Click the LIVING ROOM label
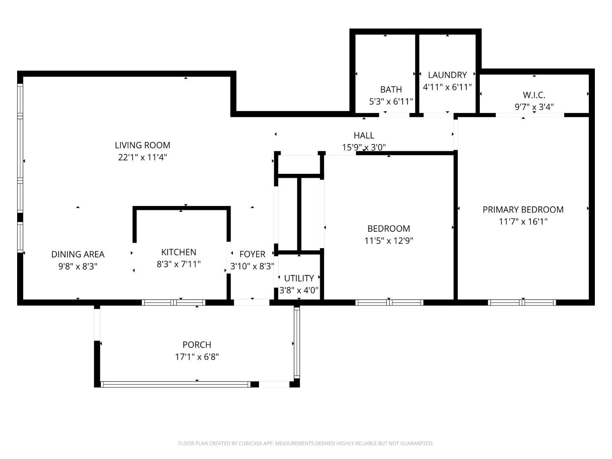point(142,145)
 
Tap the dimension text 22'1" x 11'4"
point(142,157)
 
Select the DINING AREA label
point(78,254)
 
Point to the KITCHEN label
point(179,252)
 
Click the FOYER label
point(252,254)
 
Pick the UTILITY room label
point(299,278)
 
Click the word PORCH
point(197,345)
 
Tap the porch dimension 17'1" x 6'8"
point(197,357)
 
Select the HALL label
point(364,135)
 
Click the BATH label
point(391,89)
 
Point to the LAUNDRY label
point(447,75)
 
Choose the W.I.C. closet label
point(534,95)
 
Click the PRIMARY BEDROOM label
point(523,210)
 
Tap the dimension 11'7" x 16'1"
point(523,222)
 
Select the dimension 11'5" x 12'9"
point(389,240)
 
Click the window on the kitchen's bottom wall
point(174,303)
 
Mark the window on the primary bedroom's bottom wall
point(522,303)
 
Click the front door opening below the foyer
point(251,303)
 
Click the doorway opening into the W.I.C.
point(530,115)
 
